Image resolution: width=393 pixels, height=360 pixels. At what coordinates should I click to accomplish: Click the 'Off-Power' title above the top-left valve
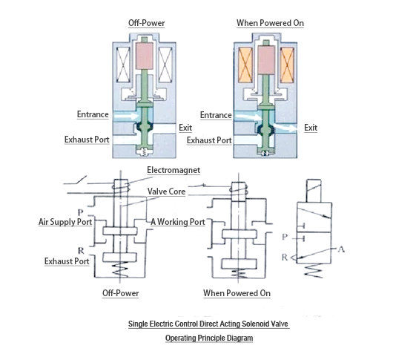[145, 23]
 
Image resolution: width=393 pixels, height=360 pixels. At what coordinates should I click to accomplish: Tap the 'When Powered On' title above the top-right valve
[270, 23]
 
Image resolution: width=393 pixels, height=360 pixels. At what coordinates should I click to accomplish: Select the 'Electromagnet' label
[174, 170]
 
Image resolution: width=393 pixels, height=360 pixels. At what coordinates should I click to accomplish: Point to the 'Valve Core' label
[166, 191]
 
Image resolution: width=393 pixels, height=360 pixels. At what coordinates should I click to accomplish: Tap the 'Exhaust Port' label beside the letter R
[67, 261]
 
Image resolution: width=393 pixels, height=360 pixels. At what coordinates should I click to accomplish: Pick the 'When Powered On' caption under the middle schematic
[237, 293]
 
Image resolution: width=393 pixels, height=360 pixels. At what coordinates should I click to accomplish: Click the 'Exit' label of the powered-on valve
[310, 128]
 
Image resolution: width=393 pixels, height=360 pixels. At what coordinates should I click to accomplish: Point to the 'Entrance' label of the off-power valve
[93, 114]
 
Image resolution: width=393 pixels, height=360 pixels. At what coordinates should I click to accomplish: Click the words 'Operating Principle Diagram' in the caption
[208, 338]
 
